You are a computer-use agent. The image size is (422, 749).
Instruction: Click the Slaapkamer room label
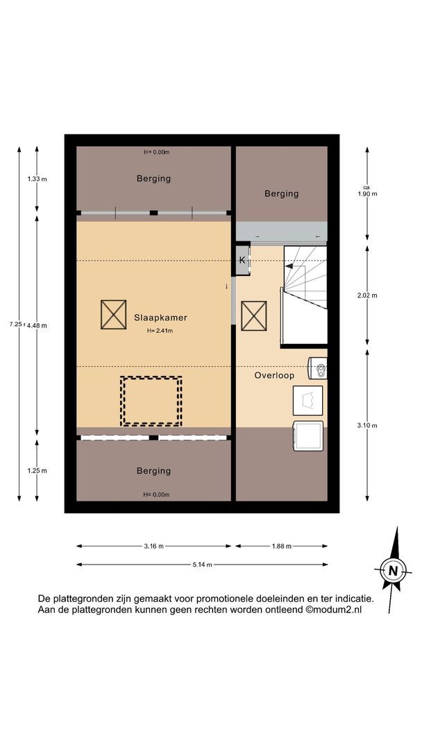point(160,317)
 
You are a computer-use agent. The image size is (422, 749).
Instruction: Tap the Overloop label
point(274,375)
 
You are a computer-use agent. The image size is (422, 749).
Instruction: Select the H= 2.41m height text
point(160,330)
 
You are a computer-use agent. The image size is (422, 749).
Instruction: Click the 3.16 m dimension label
point(154,546)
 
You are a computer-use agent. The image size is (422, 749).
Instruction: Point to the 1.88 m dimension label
point(282,546)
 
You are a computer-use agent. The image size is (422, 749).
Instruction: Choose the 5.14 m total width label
point(202,565)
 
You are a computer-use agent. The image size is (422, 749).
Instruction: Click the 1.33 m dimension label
point(37,179)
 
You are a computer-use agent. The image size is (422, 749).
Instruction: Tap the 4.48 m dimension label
point(37,325)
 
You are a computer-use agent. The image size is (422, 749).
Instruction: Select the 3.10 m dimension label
point(367,425)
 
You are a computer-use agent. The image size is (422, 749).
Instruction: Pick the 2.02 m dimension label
point(367,295)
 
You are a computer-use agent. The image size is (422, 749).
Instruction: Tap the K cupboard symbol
point(242,260)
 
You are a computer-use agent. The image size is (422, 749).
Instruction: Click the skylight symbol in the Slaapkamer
point(113,314)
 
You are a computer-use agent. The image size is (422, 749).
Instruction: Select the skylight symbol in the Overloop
point(254,316)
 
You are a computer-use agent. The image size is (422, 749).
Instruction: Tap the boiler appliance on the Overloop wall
point(319,368)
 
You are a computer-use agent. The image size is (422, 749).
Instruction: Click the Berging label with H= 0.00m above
point(153,179)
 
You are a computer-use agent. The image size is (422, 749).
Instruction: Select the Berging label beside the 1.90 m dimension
point(282,193)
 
